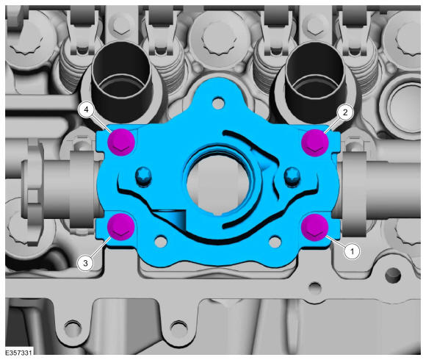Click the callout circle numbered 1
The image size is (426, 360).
352,251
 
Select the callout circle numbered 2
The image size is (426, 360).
345,112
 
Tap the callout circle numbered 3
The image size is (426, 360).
85,263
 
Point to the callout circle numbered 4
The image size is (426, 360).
86,109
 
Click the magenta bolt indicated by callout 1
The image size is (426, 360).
315,227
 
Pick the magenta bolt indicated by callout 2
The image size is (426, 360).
315,143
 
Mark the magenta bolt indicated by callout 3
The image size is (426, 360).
121,227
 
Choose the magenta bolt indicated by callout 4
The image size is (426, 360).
121,142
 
